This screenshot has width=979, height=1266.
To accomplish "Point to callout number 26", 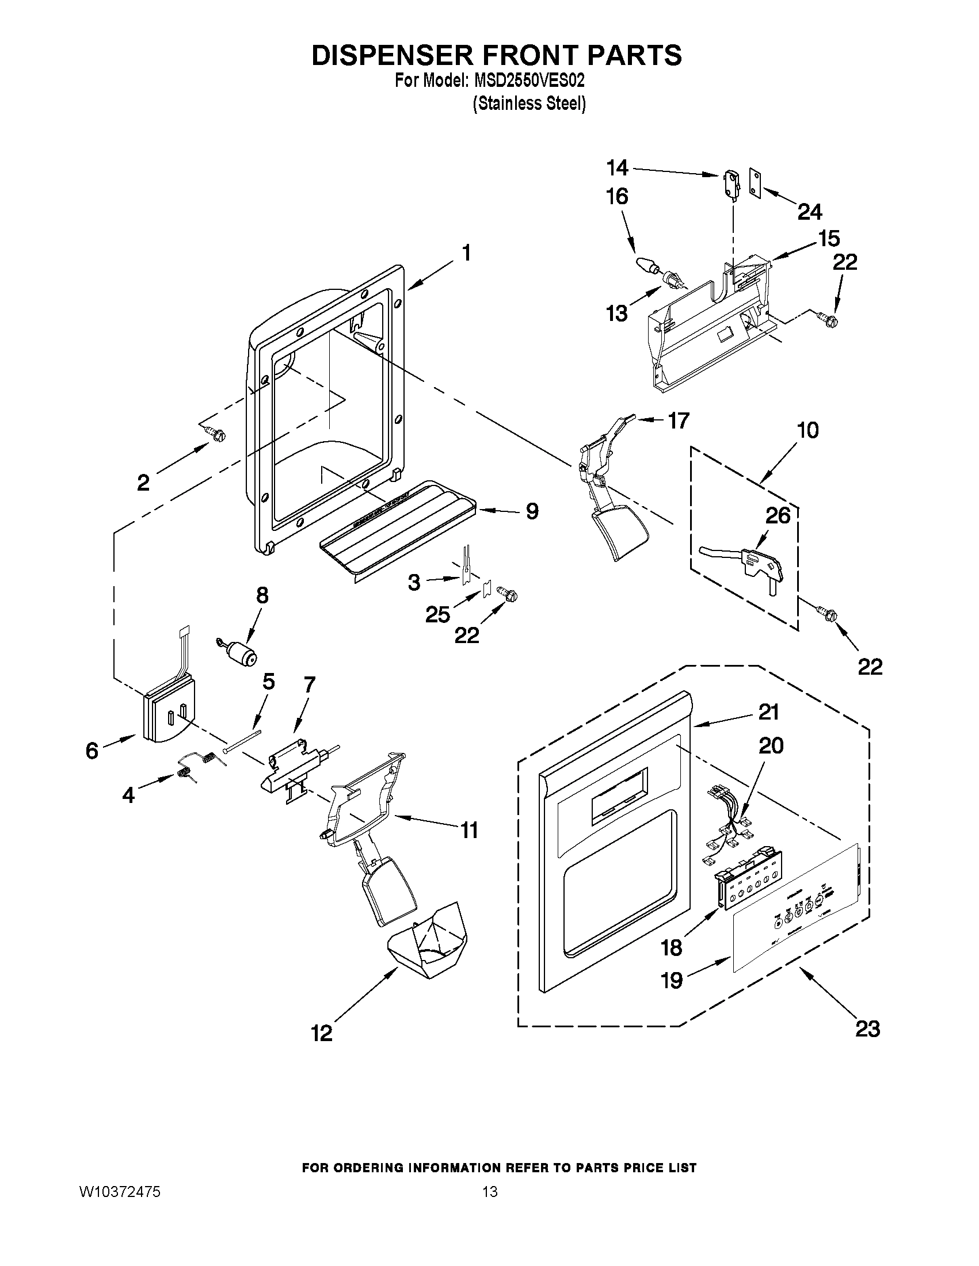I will [x=778, y=515].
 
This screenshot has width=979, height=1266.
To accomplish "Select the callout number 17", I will [x=679, y=420].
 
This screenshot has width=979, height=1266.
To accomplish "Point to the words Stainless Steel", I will [x=528, y=104].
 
